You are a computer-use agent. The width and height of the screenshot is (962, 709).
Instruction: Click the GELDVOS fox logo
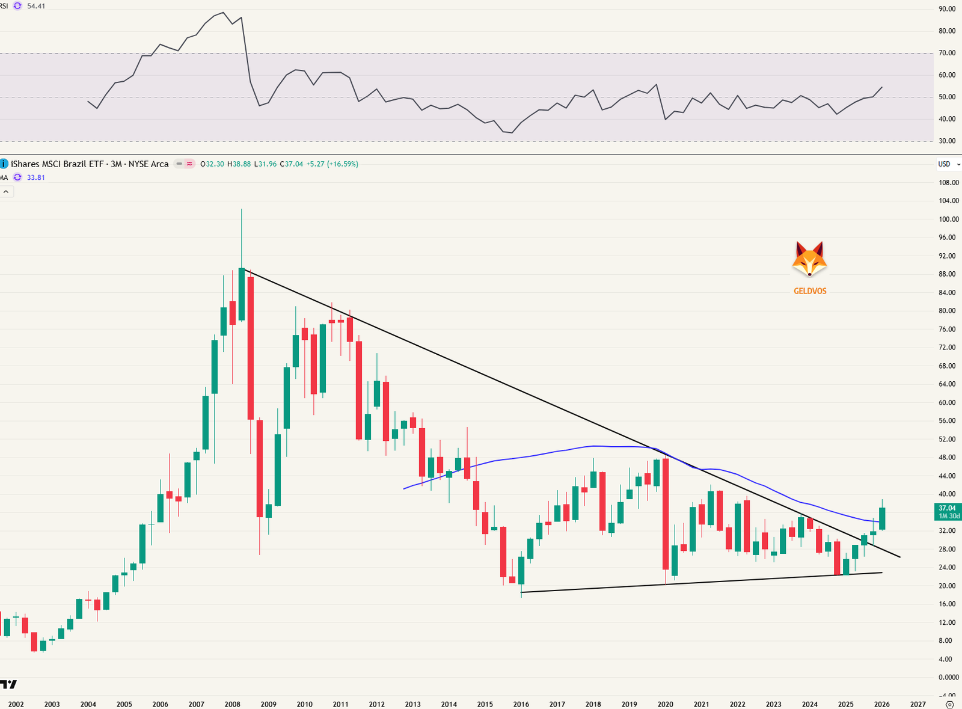[x=809, y=259]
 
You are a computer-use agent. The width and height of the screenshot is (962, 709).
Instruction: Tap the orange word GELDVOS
[x=810, y=291]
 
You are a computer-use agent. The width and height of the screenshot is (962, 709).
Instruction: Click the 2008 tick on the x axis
[x=232, y=704]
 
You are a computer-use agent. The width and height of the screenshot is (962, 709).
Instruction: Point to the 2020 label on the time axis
[x=665, y=704]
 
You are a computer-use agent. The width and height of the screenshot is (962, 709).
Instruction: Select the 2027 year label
[x=918, y=704]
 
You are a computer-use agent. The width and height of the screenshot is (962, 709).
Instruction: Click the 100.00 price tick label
[x=948, y=219]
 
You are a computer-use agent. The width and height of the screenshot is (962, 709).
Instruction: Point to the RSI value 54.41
[x=36, y=6]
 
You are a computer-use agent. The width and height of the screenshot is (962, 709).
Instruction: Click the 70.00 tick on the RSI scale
[x=947, y=53]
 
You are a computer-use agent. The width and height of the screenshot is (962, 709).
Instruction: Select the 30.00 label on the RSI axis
[x=947, y=141]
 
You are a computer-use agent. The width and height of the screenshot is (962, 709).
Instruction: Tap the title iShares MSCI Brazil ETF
[x=57, y=164]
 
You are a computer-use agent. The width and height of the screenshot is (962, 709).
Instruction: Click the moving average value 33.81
[x=36, y=177]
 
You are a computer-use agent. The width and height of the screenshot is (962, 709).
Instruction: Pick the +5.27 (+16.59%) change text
[x=332, y=164]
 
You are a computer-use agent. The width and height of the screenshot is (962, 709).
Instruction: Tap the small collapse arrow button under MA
[x=6, y=192]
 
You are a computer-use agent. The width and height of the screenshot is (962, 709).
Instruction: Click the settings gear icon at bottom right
[x=949, y=704]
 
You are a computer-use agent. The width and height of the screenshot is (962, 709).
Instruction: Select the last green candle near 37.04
[x=882, y=518]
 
